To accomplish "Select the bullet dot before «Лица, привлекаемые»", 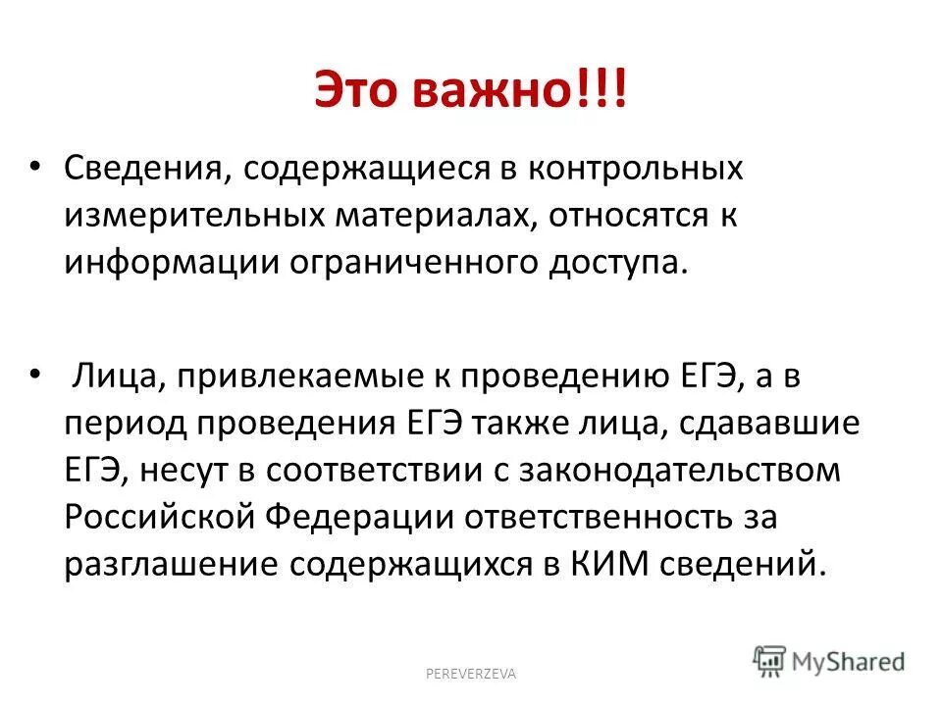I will click(x=36, y=374).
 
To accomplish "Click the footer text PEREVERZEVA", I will click(x=470, y=673).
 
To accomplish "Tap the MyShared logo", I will click(x=828, y=659).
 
